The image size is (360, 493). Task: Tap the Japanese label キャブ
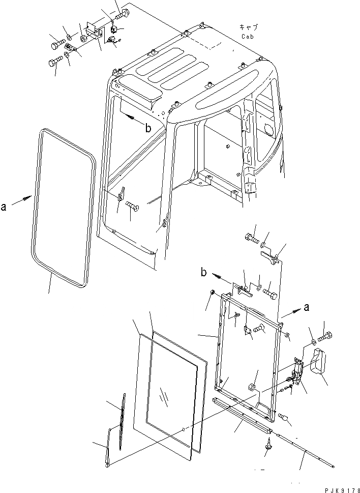pyautogui.click(x=249, y=27)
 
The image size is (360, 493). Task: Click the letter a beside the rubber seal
pyautogui.click(x=4, y=208)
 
